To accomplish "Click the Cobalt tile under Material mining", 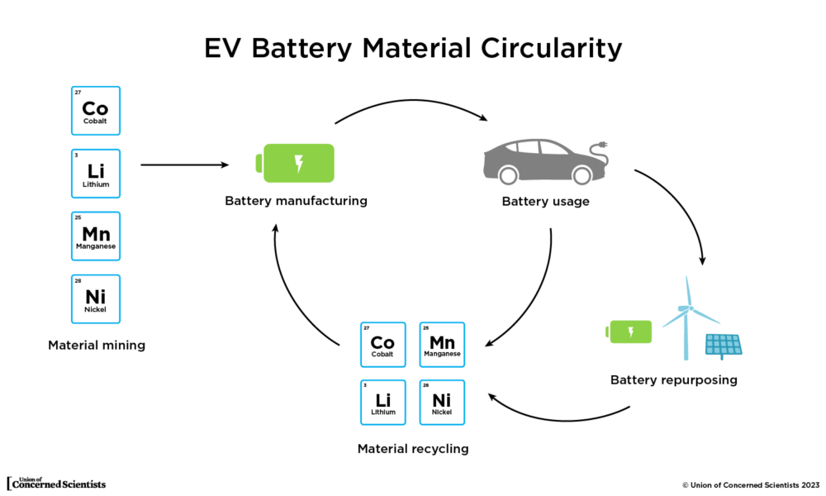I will coord(96,111).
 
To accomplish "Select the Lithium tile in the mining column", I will coord(96,174).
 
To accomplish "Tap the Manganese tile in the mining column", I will coord(96,236).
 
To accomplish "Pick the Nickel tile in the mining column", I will coord(96,299).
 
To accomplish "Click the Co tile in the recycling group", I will coord(382,345).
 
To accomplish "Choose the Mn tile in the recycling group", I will coord(442,345).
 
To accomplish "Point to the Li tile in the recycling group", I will coord(382,403).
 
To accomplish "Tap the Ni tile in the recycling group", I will coord(442,403).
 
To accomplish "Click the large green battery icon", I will coord(298,163).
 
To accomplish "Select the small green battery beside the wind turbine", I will coord(629,331).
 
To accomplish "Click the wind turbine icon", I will coord(687,318).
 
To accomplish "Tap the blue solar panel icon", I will coord(724,345).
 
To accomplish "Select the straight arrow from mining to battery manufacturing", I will coord(184,165).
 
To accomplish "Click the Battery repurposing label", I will coord(673,380).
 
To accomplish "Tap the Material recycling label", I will coord(412,449).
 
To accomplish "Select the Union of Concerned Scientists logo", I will coord(56,483).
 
